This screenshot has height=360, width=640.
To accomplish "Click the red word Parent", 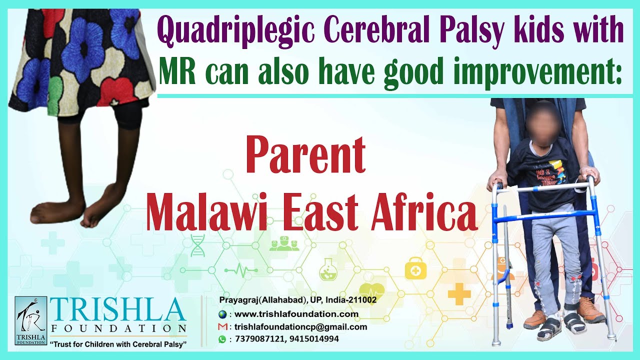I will (x=305, y=155).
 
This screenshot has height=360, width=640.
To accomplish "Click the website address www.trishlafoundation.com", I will (x=296, y=314).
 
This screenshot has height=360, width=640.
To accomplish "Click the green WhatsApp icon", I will (x=222, y=339).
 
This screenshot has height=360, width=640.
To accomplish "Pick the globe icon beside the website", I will (x=222, y=314).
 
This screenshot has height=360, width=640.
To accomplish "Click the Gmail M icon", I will (x=222, y=327).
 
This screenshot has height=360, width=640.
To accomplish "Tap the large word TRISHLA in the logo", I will (x=118, y=311).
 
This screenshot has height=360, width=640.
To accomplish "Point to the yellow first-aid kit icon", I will (x=414, y=268).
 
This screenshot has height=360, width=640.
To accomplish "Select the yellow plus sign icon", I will (x=459, y=293).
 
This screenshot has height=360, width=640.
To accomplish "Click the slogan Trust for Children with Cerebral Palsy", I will (x=118, y=345).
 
